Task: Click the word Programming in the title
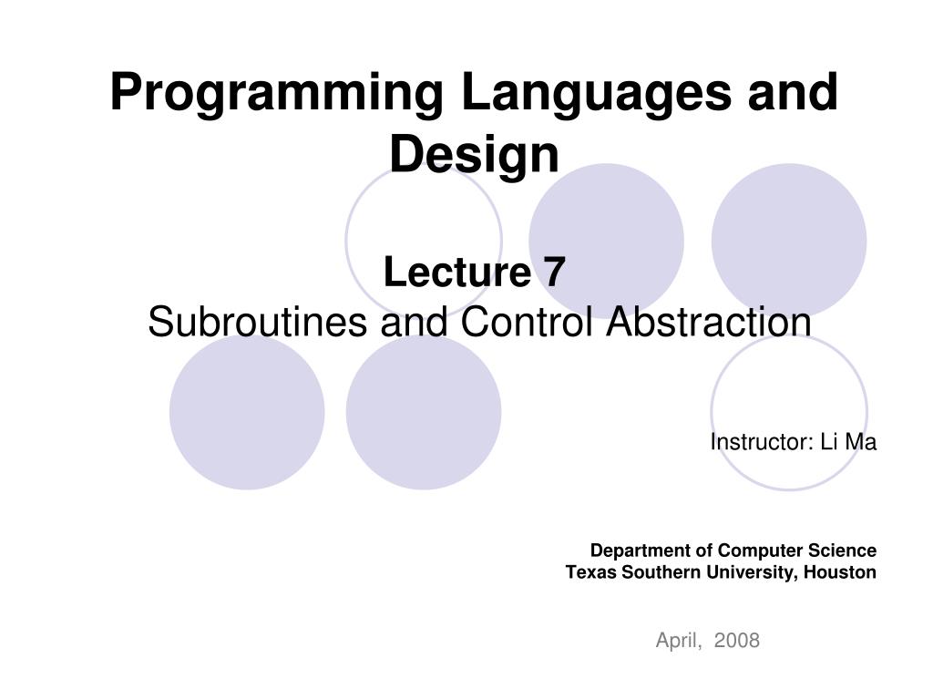277,93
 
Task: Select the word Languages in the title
596,93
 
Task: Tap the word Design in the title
474,156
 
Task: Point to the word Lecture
457,272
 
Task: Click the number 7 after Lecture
553,272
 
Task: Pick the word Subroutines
257,322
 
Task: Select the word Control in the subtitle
526,322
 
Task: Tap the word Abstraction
709,322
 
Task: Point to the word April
678,641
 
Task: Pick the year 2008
736,640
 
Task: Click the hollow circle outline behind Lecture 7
346,241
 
